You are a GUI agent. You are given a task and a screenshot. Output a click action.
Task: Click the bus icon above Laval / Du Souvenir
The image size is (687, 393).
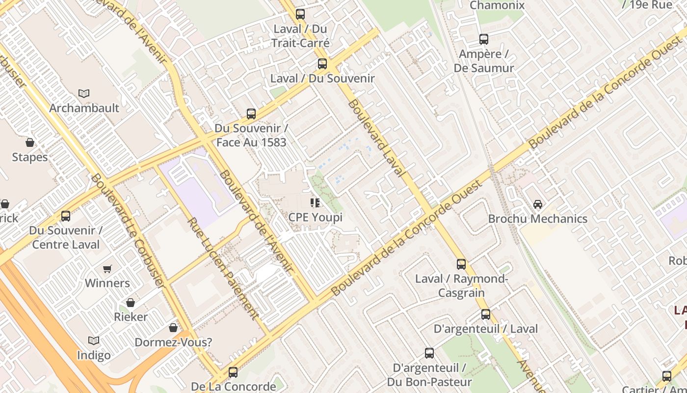click(x=322, y=64)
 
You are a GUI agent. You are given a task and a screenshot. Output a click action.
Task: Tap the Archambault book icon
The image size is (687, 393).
click(x=84, y=93)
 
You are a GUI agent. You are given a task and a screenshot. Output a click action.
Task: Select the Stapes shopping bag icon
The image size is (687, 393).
click(x=30, y=142)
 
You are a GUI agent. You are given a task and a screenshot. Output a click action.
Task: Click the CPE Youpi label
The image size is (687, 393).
click(x=315, y=217)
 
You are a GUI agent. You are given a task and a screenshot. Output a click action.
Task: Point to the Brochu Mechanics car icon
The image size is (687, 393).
click(x=538, y=204)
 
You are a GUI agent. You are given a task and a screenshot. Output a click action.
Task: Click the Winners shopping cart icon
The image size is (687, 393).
click(x=107, y=269)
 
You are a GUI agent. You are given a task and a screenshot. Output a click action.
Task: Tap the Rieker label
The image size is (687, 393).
click(x=131, y=317)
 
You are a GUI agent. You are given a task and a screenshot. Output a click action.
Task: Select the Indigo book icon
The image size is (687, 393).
click(x=93, y=340)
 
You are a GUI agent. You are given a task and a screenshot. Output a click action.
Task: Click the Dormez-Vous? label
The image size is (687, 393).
click(x=173, y=342)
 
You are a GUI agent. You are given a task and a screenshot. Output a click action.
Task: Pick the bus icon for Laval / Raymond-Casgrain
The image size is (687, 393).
click(x=461, y=264)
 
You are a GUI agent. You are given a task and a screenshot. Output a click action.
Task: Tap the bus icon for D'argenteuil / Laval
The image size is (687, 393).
click(x=486, y=314)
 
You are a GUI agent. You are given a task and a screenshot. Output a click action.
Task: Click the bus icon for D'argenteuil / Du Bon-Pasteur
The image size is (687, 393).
click(x=429, y=353)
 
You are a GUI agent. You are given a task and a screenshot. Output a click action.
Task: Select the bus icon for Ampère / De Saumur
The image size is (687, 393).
click(x=484, y=39)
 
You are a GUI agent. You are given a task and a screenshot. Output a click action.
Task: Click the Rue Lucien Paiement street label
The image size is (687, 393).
click(x=223, y=269)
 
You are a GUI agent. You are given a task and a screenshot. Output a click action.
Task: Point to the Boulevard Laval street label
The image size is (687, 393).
click(x=376, y=138)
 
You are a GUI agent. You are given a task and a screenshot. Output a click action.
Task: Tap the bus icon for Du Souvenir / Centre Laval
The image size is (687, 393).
click(x=65, y=216)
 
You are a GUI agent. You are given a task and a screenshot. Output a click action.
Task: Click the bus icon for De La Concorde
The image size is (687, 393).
click(x=233, y=372)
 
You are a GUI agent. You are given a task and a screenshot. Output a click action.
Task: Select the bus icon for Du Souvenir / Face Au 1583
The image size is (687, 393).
click(x=251, y=114)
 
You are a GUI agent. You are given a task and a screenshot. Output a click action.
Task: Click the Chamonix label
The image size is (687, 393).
click(x=497, y=5)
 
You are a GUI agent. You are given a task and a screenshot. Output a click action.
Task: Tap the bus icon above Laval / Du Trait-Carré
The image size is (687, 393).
click(x=300, y=14)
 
